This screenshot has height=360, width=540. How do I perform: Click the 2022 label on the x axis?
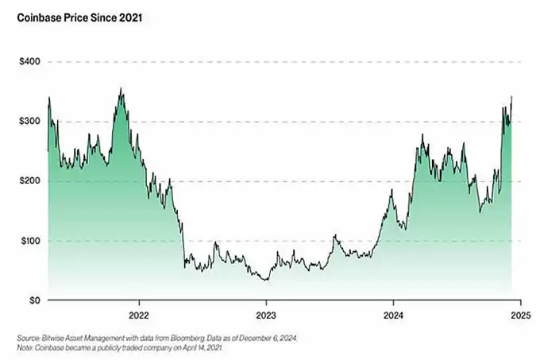tap(139, 315)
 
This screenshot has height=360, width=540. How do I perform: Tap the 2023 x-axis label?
tap(266, 315)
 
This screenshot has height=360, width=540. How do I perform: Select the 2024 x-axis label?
tap(393, 315)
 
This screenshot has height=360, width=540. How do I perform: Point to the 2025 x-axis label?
tap(519, 315)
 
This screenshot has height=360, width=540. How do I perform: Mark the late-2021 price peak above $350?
tap(121, 88)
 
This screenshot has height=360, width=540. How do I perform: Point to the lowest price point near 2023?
tap(266, 280)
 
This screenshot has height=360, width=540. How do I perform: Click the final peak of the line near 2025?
tap(511, 97)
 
